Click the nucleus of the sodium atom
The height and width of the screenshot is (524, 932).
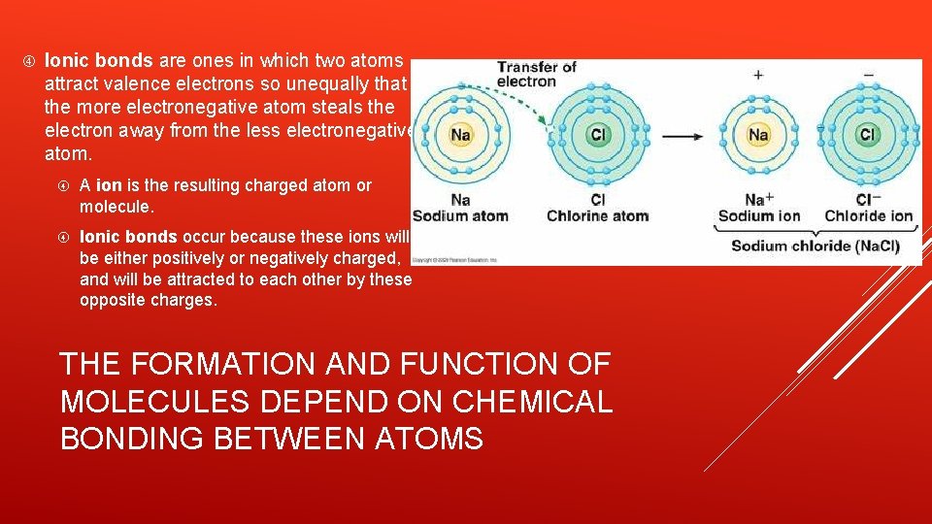[x=460, y=134]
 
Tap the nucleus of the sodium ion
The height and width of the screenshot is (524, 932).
[x=758, y=134]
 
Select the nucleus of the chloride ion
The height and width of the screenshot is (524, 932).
[x=868, y=134]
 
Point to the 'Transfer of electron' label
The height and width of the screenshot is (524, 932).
[x=537, y=75]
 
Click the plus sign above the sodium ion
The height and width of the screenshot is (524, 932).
[x=758, y=75]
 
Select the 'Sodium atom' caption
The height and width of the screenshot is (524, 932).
[x=460, y=215]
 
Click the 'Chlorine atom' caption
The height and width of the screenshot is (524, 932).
[x=597, y=215]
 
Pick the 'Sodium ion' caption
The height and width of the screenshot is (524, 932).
[x=758, y=215]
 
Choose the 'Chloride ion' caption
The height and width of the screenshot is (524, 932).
[x=869, y=215]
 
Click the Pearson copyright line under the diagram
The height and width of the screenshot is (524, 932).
[x=454, y=260]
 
